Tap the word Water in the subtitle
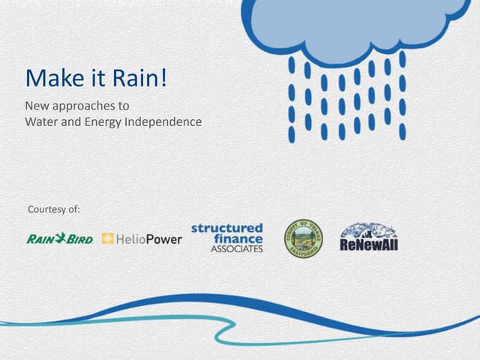42,121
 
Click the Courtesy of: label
53,208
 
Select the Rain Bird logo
59,239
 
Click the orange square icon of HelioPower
107,239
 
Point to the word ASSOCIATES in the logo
236,249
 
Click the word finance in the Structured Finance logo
238,238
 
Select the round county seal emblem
303,238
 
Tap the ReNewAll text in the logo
369,244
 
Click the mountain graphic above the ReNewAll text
368,230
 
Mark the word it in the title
94,77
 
